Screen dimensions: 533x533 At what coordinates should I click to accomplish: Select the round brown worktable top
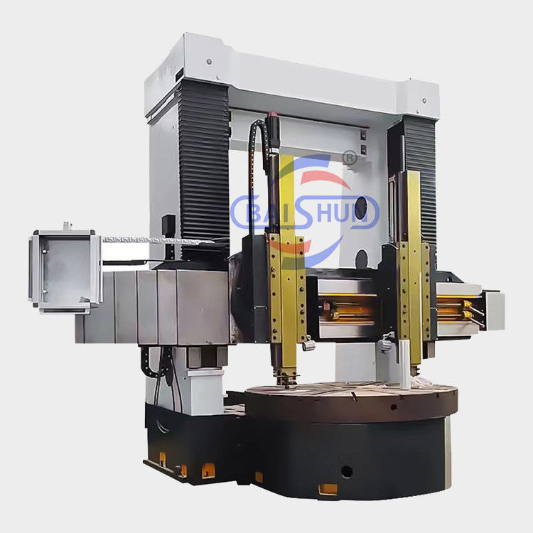[350, 400]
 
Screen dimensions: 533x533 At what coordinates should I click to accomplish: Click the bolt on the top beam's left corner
[209, 62]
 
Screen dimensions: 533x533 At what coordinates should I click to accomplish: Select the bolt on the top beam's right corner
[424, 101]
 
